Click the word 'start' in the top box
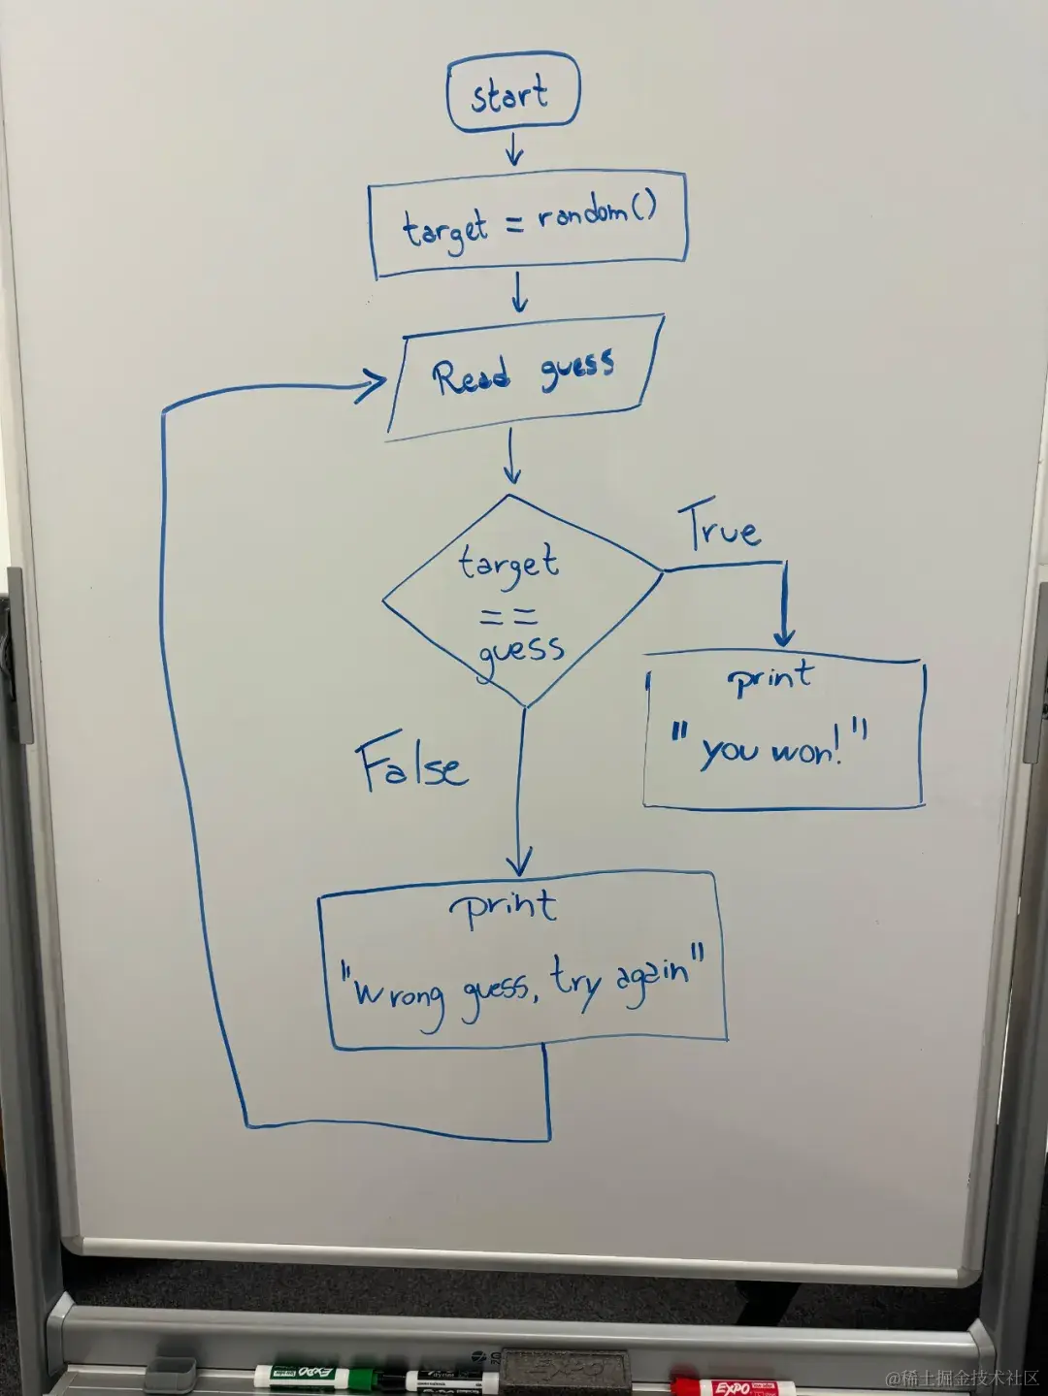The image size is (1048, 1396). tap(509, 95)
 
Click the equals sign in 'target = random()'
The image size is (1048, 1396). tap(514, 224)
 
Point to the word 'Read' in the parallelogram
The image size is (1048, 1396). tap(472, 376)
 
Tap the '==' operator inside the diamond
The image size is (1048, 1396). tap(508, 616)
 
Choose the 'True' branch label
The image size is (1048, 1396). tap(719, 529)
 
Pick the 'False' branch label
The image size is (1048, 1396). tap(411, 764)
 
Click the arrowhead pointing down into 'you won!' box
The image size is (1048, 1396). tap(784, 635)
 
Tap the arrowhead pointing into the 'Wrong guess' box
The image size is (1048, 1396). tap(520, 861)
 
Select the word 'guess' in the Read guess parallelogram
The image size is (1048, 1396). tap(577, 369)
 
